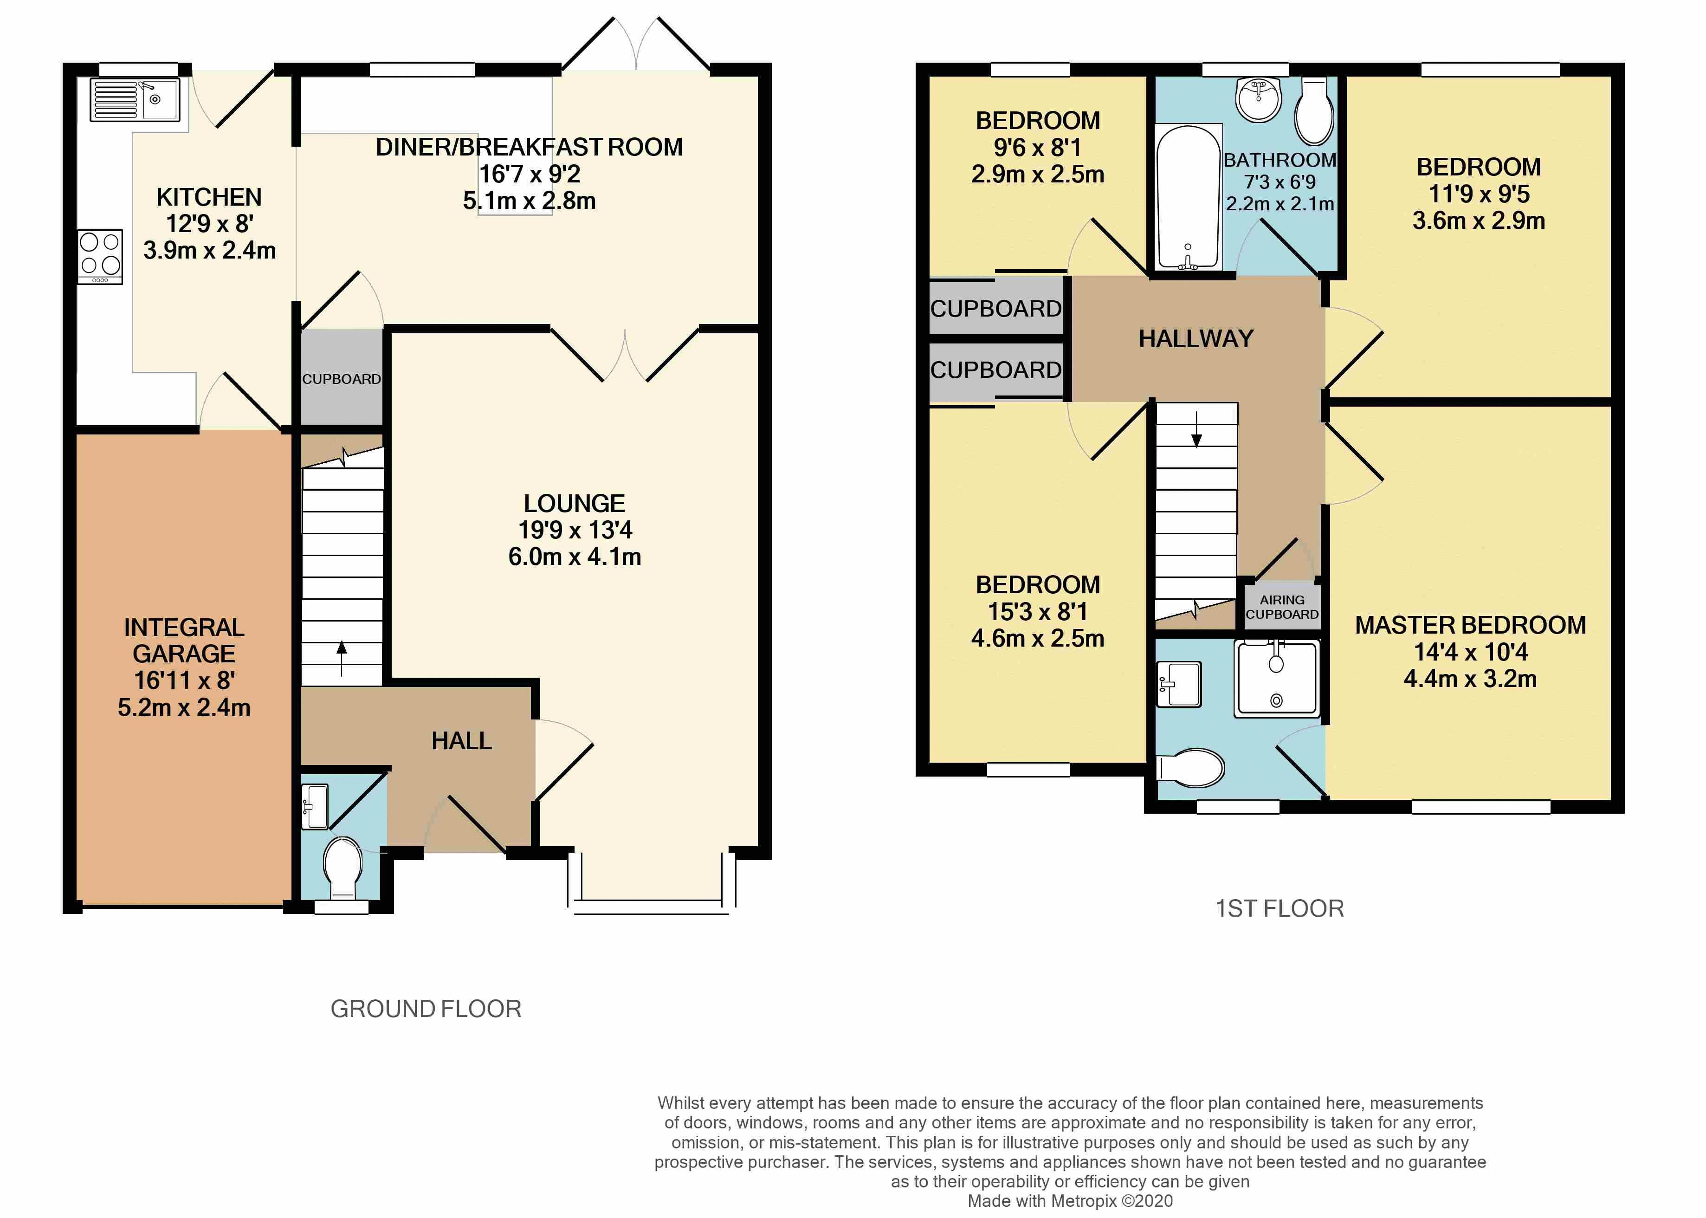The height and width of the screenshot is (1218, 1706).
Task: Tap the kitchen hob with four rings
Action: click(x=101, y=256)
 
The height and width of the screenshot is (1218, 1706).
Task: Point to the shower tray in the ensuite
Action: click(x=1276, y=678)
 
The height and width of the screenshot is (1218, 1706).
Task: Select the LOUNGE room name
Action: click(x=575, y=503)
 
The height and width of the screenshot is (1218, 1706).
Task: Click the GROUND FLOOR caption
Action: click(x=426, y=1009)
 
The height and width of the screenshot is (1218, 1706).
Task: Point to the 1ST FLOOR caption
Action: click(x=1279, y=909)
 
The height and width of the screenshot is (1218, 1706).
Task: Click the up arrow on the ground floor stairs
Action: click(x=342, y=658)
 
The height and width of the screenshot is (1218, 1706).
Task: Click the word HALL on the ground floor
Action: click(x=461, y=741)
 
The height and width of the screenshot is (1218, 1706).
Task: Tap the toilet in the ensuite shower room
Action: click(x=1191, y=767)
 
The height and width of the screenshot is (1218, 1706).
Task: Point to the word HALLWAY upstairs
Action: click(x=1196, y=339)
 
